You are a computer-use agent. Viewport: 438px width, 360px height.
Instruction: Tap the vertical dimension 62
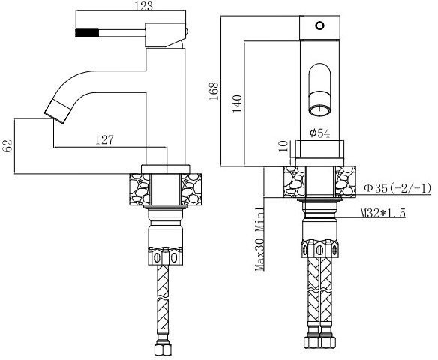point(8,145)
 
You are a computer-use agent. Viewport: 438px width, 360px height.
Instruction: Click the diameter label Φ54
point(321,133)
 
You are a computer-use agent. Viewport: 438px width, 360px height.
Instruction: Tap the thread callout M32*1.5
point(384,214)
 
